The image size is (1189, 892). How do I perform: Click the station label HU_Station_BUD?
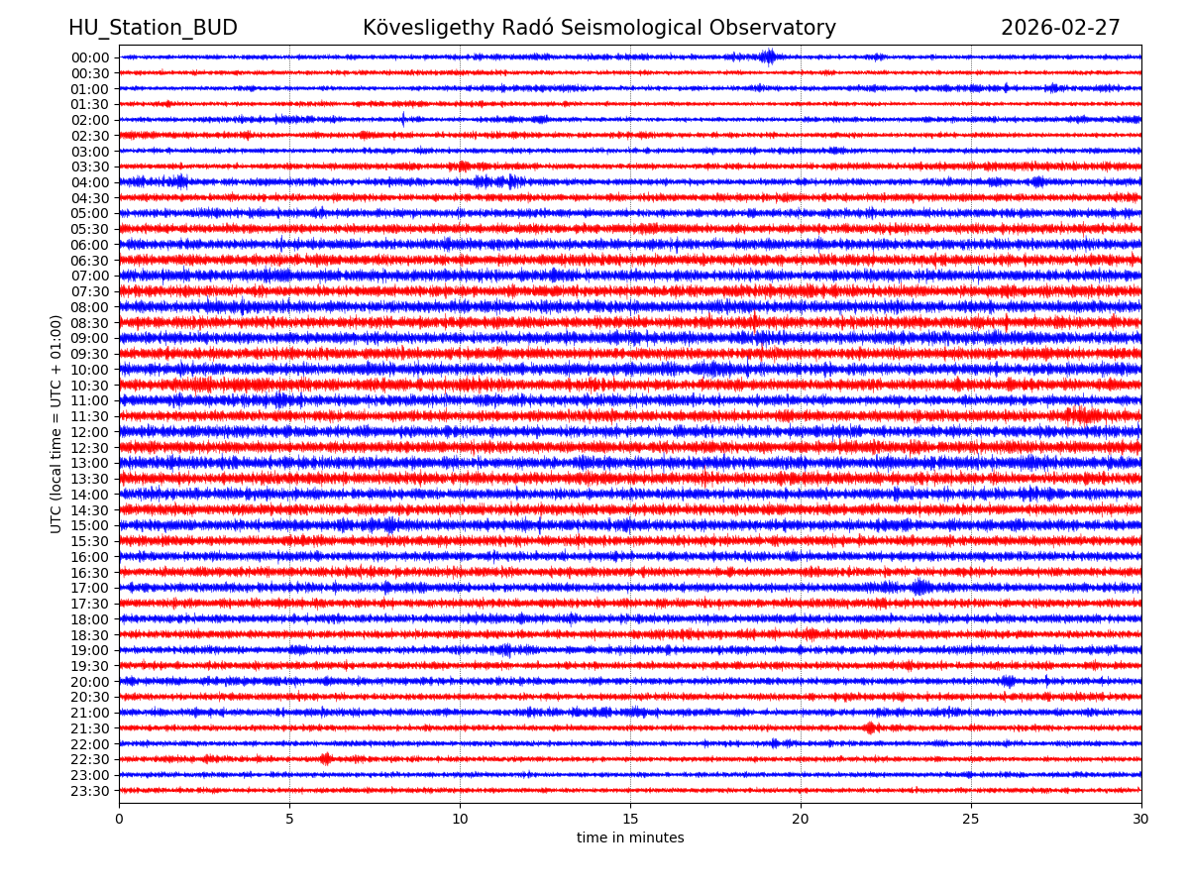pyautogui.click(x=153, y=29)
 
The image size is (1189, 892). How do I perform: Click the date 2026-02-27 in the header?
pyautogui.click(x=1060, y=29)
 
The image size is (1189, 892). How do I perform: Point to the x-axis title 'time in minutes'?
pyautogui.click(x=630, y=838)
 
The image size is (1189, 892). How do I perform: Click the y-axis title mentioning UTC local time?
pyautogui.click(x=56, y=423)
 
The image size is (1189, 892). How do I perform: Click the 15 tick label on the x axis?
pyautogui.click(x=630, y=820)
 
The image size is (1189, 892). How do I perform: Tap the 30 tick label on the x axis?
pyautogui.click(x=1140, y=820)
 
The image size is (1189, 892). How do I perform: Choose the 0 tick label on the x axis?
pyautogui.click(x=119, y=820)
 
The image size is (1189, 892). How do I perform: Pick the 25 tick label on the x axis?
pyautogui.click(x=970, y=820)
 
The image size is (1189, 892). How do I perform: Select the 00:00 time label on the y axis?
pyautogui.click(x=90, y=57)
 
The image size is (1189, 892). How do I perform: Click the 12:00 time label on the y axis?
pyautogui.click(x=90, y=432)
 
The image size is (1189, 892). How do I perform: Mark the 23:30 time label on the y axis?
pyautogui.click(x=90, y=791)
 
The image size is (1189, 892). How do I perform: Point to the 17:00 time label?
pyautogui.click(x=90, y=588)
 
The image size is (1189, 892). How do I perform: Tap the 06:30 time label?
pyautogui.click(x=90, y=261)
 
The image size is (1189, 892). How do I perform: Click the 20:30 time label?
pyautogui.click(x=90, y=697)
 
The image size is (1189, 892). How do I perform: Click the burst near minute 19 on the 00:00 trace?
pyautogui.click(x=769, y=56)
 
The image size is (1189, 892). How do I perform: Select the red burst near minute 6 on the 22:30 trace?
pyautogui.click(x=326, y=759)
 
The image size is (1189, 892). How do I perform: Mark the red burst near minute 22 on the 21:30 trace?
pyautogui.click(x=870, y=727)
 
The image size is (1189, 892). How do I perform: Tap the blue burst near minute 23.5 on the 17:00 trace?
pyautogui.click(x=920, y=587)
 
